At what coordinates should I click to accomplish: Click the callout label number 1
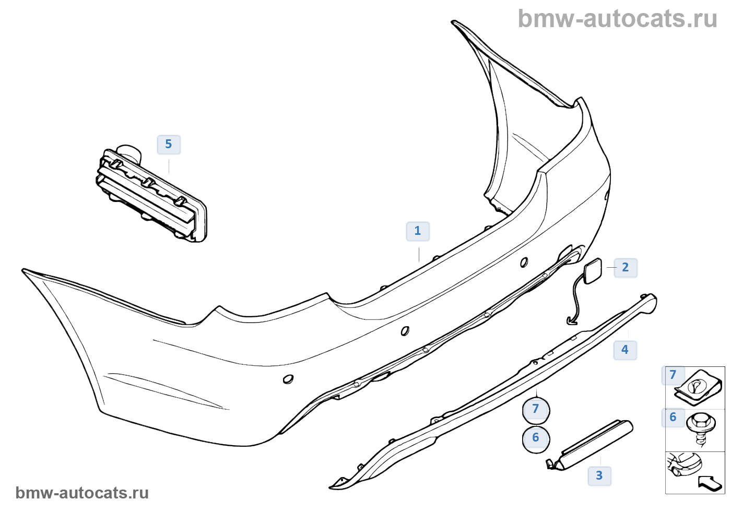pos(418,231)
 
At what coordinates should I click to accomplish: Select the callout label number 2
pos(626,268)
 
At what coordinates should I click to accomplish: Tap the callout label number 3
pos(599,475)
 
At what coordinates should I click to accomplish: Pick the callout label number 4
pos(625,350)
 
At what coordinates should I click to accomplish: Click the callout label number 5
pos(169,145)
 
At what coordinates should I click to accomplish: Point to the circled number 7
pos(536,409)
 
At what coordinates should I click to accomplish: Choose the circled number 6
pos(536,438)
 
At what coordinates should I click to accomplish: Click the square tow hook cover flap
pos(593,271)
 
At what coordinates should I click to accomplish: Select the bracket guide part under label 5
pos(151,196)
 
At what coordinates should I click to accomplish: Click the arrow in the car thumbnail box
pos(710,483)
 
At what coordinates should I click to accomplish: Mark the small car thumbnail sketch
pos(684,464)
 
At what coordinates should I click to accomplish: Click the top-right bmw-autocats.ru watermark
pos(617,19)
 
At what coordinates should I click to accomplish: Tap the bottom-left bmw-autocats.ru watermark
pos(82,493)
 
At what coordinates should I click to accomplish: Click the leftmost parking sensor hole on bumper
pos(288,379)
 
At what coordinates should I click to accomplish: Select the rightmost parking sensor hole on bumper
pos(524,263)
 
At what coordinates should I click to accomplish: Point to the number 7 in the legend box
pos(673,375)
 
